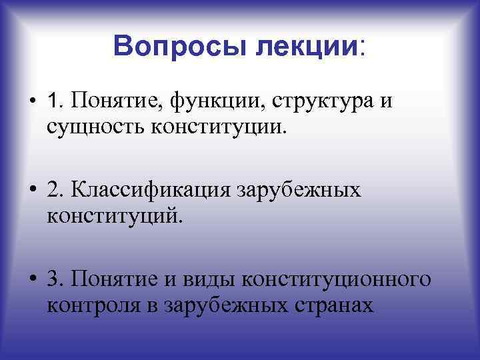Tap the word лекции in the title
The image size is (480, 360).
coord(307,46)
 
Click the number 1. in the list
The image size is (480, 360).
coord(56,101)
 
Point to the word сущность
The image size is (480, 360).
coord(83,125)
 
